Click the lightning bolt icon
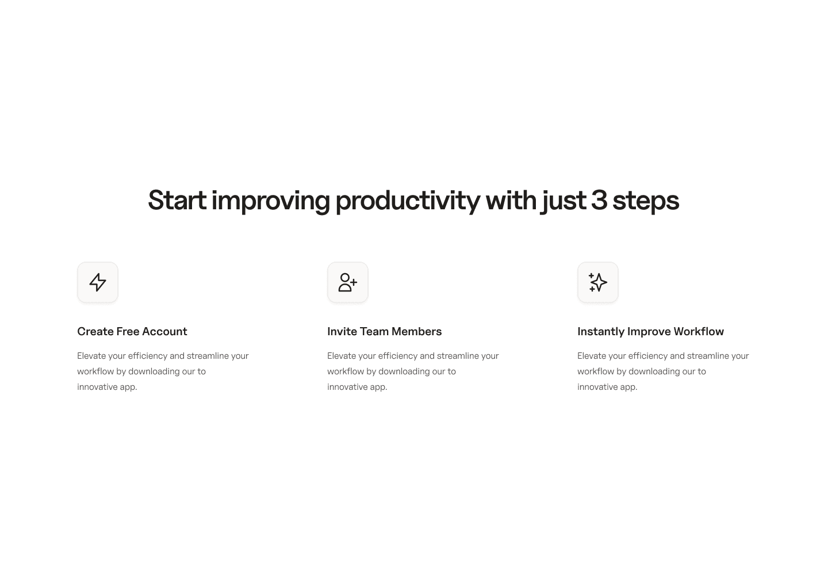98,282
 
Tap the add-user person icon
347,282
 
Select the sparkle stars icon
598,282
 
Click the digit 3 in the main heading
599,200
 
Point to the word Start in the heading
177,200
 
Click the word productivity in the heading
407,200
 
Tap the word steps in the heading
646,200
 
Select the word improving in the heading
270,200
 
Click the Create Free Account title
132,331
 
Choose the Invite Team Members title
384,331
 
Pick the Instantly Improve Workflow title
650,331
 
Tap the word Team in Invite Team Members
374,331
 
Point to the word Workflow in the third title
699,331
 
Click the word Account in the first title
164,331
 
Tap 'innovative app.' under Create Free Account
107,387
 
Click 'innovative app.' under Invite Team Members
357,387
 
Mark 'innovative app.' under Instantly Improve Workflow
607,387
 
